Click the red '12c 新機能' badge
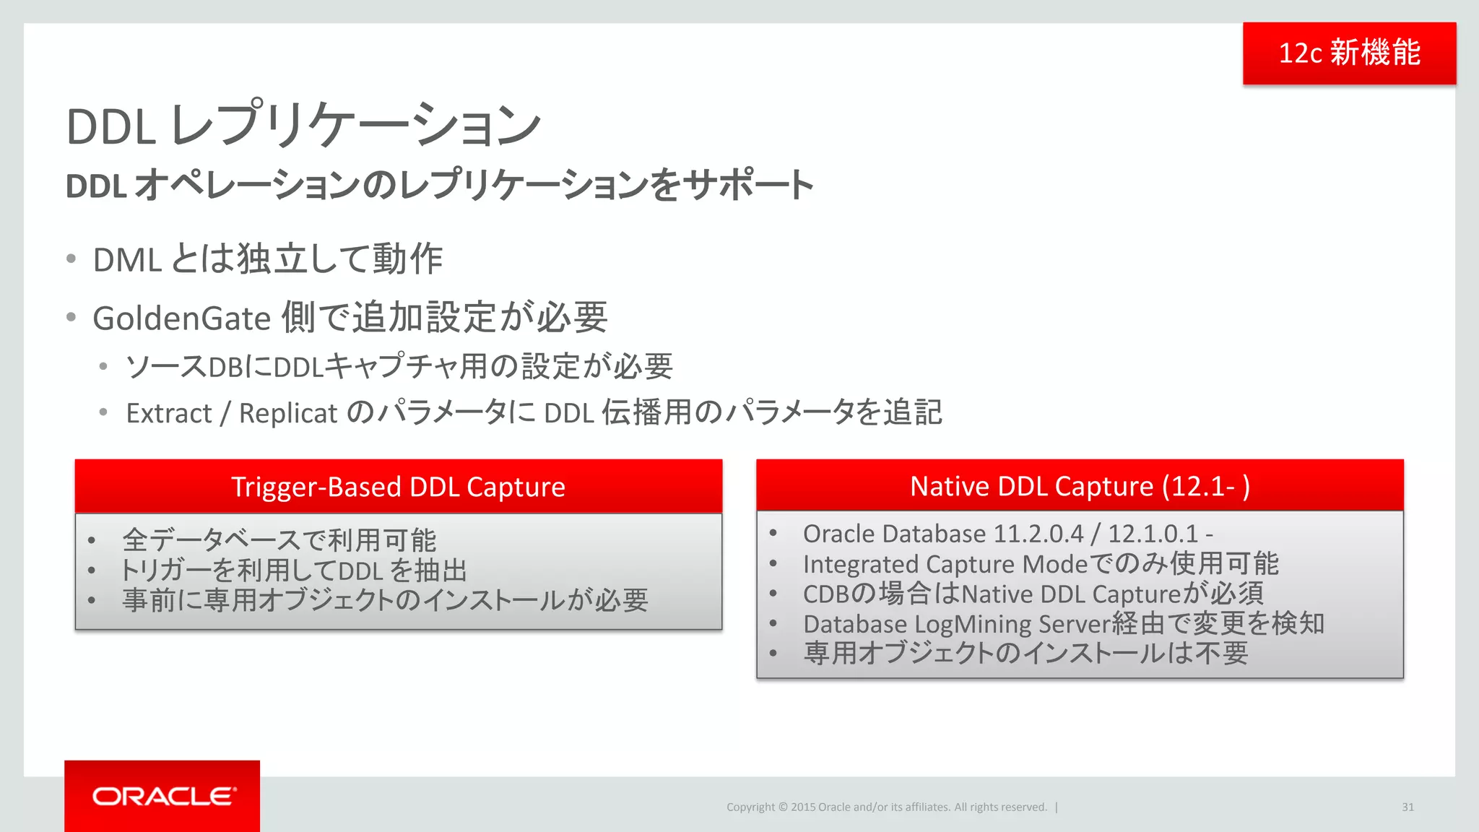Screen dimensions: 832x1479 pyautogui.click(x=1349, y=53)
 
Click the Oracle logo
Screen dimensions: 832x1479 pyautogui.click(x=164, y=796)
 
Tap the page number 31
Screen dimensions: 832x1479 pyautogui.click(x=1408, y=807)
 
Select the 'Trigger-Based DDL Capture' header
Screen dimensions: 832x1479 pyautogui.click(x=398, y=487)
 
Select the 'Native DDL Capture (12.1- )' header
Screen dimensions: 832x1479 pyautogui.click(x=1080, y=486)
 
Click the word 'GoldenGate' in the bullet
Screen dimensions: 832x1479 pyautogui.click(x=181, y=318)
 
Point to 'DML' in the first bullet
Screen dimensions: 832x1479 pyautogui.click(x=127, y=260)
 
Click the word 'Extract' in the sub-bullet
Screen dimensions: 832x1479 pyautogui.click(x=169, y=413)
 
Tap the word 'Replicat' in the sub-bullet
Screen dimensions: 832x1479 pyautogui.click(x=288, y=413)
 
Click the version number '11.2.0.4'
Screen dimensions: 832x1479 pyautogui.click(x=1038, y=534)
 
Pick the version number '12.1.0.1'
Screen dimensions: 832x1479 pyautogui.click(x=1153, y=534)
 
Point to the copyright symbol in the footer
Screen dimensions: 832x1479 pyautogui.click(x=783, y=807)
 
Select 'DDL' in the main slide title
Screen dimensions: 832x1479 pyautogui.click(x=110, y=127)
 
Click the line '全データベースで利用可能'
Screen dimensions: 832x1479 pyautogui.click(x=279, y=540)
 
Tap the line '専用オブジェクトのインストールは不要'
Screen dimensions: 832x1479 pyautogui.click(x=1025, y=653)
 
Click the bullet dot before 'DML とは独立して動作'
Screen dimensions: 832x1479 pyautogui.click(x=71, y=259)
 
